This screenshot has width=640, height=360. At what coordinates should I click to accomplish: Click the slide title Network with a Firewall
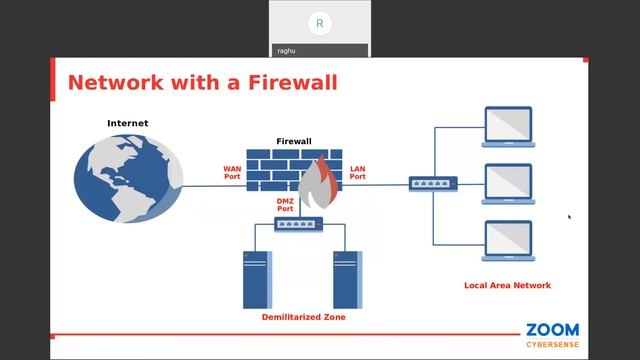pyautogui.click(x=202, y=82)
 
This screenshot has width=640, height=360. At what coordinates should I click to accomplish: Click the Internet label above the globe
pyautogui.click(x=128, y=123)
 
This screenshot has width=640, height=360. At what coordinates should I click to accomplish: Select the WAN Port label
pyautogui.click(x=232, y=172)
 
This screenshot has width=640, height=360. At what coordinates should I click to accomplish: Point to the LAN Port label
pyautogui.click(x=357, y=172)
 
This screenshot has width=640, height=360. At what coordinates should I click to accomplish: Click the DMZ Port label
pyautogui.click(x=285, y=205)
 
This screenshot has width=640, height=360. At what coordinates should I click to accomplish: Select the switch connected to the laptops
pyautogui.click(x=433, y=183)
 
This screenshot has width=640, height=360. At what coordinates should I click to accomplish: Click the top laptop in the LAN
pyautogui.click(x=508, y=127)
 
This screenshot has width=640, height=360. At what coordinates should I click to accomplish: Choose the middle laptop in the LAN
pyautogui.click(x=508, y=184)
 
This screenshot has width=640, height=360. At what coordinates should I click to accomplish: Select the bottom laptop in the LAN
pyautogui.click(x=508, y=241)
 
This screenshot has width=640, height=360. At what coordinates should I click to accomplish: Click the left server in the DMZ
pyautogui.click(x=257, y=278)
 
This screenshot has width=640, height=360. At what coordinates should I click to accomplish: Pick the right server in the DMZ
pyautogui.click(x=347, y=278)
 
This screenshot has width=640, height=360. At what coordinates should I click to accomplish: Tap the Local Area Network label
pyautogui.click(x=507, y=285)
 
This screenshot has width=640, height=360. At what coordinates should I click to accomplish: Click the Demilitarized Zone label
pyautogui.click(x=303, y=316)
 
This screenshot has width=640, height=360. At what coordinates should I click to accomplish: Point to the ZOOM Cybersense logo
pyautogui.click(x=552, y=334)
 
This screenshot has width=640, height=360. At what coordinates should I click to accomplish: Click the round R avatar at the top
pyautogui.click(x=319, y=23)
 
